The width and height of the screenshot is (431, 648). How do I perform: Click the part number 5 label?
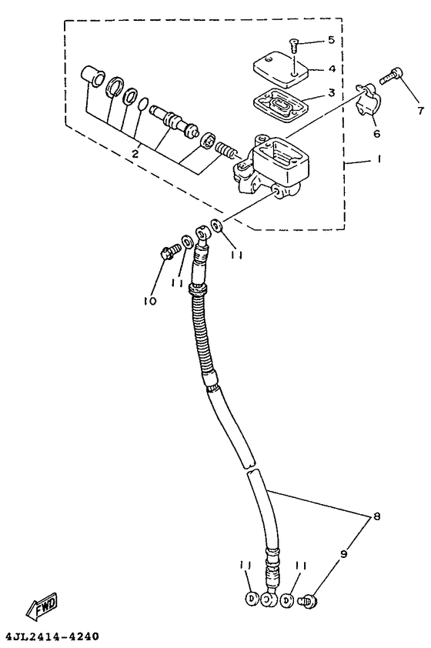pos(332,40)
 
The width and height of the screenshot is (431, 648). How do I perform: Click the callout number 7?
pos(420,110)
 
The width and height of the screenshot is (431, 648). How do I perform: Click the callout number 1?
pos(379,159)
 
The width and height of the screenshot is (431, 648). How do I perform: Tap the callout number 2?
pos(135,154)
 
